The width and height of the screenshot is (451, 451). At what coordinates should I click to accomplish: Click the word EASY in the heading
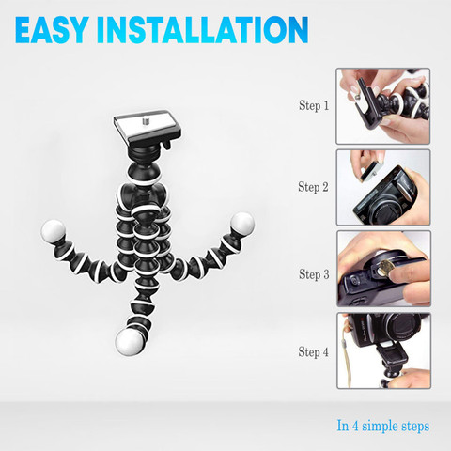tap(51, 29)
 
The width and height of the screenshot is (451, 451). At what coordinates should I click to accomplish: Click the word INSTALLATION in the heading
tap(203, 29)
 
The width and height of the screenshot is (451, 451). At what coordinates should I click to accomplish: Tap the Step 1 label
tap(314, 105)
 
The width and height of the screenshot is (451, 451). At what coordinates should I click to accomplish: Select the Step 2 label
tap(313, 187)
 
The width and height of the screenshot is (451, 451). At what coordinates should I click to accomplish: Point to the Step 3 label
tap(314, 274)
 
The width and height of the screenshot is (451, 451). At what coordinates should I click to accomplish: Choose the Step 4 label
tap(314, 351)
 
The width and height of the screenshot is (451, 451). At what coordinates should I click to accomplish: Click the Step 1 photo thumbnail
tap(383, 106)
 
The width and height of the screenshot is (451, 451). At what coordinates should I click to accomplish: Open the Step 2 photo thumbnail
tap(383, 187)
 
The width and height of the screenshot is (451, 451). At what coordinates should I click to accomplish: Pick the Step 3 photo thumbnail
tap(384, 269)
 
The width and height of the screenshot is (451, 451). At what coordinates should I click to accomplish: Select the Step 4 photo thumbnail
tap(384, 350)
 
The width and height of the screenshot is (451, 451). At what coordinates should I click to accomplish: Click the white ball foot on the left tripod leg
tap(54, 231)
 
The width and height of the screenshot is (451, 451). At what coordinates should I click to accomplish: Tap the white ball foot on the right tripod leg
tap(242, 224)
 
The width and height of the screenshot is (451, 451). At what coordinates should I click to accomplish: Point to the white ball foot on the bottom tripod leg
tap(129, 342)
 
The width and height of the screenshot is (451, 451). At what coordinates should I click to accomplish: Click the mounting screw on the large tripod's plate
tap(145, 121)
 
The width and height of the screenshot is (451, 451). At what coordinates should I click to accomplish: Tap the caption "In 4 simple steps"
tap(383, 426)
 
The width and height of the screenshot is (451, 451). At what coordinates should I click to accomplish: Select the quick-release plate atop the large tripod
tap(148, 127)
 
